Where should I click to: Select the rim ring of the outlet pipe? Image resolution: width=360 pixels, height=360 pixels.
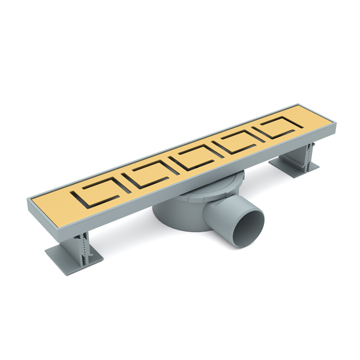[x=260, y=217]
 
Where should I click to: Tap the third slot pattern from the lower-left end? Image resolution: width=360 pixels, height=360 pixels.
[x=194, y=158]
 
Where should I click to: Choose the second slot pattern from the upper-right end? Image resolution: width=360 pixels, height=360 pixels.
[x=238, y=141]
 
